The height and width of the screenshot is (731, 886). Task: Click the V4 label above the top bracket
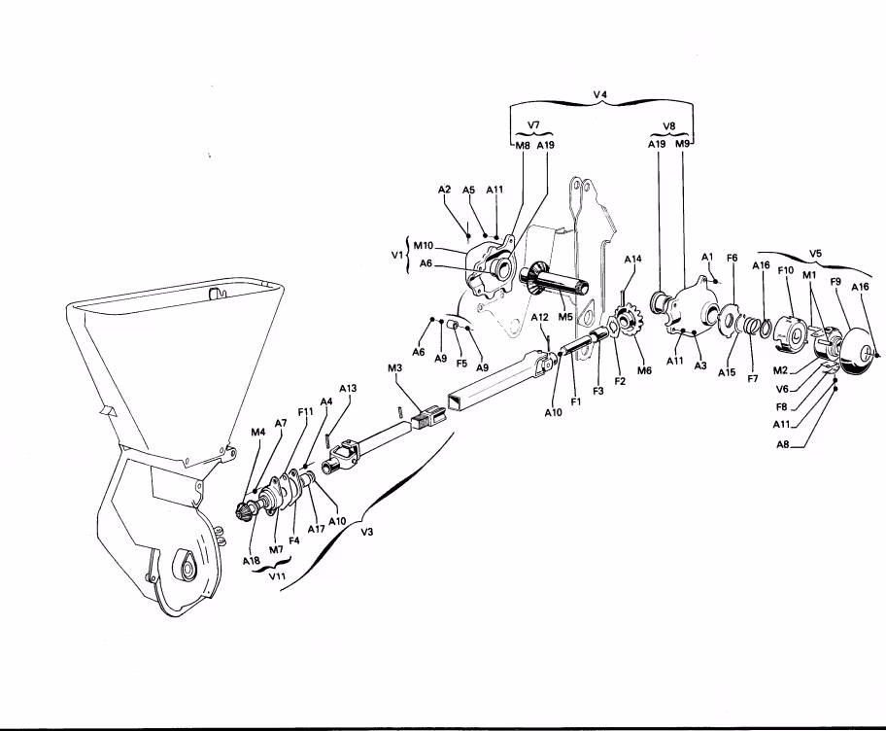point(600,94)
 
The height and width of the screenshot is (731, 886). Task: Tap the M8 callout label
point(522,145)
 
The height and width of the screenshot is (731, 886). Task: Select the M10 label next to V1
point(424,245)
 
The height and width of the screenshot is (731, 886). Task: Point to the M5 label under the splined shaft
point(565,317)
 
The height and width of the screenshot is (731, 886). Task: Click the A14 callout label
point(632,259)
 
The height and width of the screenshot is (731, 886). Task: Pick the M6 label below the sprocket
point(644,370)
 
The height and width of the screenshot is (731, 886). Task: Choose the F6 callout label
point(732,258)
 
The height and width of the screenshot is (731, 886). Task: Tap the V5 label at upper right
point(815,254)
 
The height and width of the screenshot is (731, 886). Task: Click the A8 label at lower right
point(782,444)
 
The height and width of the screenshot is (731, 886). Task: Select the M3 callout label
point(395,368)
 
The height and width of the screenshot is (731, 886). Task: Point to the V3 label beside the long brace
point(366,532)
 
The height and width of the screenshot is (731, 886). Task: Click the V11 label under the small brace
point(277,576)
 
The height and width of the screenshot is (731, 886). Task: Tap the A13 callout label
point(348,389)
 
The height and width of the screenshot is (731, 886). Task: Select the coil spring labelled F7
point(751,327)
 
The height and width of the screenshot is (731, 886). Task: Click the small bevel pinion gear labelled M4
point(244,510)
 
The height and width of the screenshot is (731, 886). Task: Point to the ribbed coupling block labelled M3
point(428,416)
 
